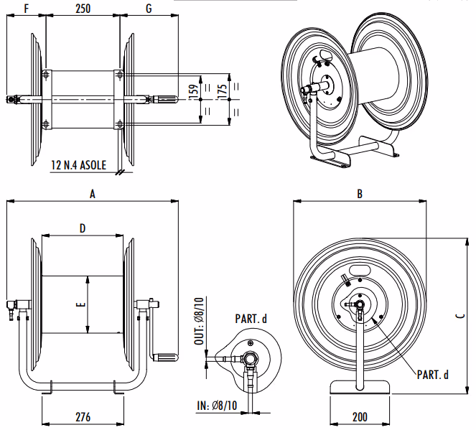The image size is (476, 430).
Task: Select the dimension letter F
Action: [27, 9]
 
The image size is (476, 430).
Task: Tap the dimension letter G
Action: [149, 9]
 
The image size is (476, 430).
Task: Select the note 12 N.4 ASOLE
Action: [78, 165]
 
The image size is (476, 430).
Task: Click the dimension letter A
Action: [92, 193]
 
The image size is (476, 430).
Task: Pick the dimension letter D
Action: [83, 228]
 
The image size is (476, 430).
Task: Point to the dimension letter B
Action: [360, 194]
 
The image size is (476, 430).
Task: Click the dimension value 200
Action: [360, 416]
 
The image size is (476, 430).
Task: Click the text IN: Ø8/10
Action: [217, 406]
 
